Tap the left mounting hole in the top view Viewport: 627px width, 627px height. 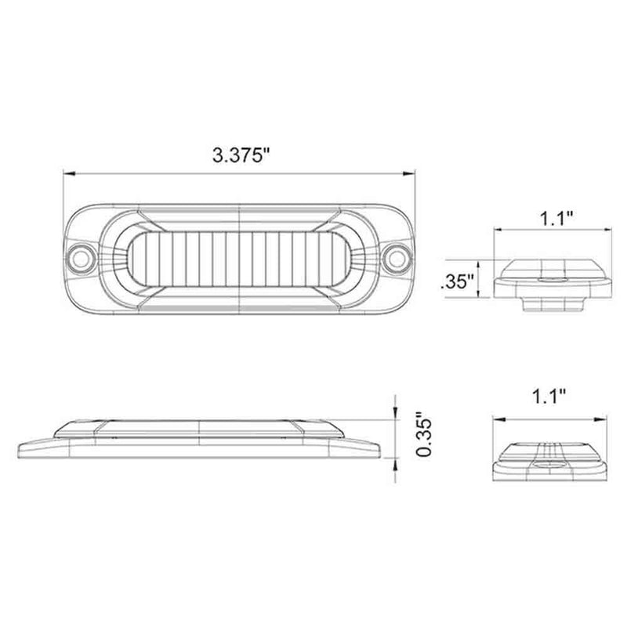coord(82,259)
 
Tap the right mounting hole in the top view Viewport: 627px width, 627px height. coord(397,259)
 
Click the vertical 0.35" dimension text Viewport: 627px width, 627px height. coord(424,437)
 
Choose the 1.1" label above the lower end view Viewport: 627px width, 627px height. coord(549,397)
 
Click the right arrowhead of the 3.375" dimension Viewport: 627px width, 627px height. coord(408,173)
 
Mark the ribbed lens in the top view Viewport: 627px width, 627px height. coord(239,259)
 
